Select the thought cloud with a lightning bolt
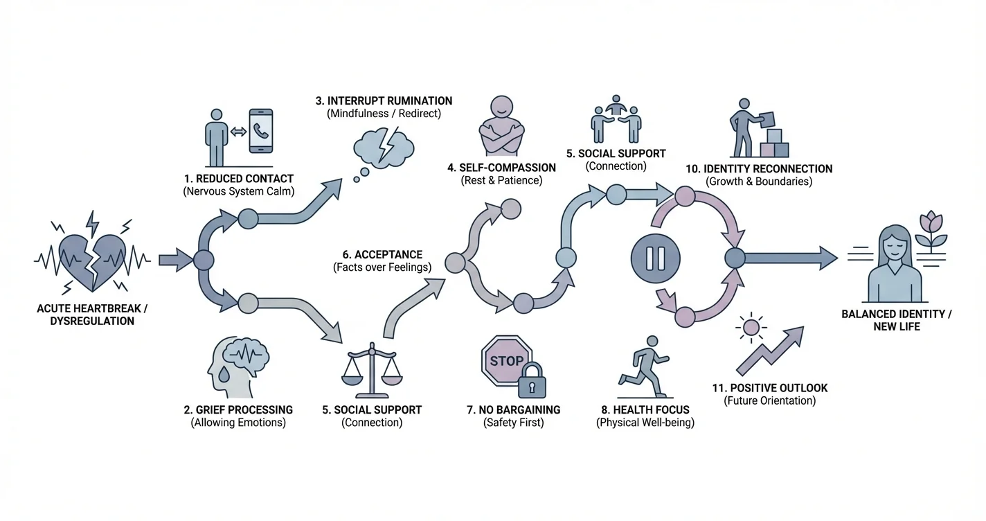click(383, 148)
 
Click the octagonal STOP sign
click(505, 361)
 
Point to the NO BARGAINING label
click(513, 409)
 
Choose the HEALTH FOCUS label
click(645, 409)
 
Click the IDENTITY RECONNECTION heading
click(758, 168)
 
